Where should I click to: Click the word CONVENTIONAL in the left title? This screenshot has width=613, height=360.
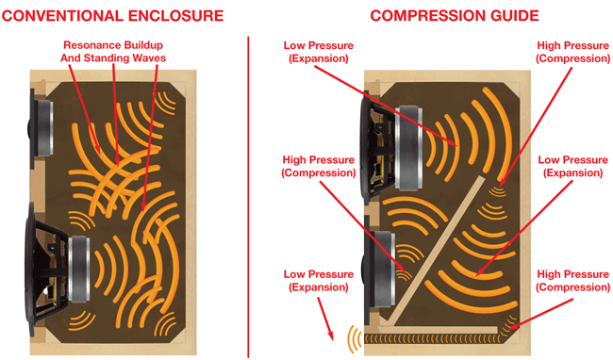pos(62,16)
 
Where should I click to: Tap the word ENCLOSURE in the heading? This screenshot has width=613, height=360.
pos(176,16)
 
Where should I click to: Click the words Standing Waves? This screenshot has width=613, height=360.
pos(124,58)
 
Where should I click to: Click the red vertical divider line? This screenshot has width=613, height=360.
pos(248,196)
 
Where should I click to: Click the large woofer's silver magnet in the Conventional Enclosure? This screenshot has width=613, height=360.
pos(79,269)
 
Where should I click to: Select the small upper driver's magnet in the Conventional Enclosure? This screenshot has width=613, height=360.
pos(45,128)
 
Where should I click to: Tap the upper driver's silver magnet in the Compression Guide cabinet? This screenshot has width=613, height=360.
pos(409,148)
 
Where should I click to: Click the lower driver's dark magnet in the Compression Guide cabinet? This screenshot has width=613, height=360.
pos(382,270)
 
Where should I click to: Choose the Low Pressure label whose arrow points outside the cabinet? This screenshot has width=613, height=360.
pos(318,281)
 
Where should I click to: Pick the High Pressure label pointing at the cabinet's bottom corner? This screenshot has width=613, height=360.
pos(572,281)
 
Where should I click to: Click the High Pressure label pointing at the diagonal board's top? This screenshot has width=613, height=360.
pos(572,52)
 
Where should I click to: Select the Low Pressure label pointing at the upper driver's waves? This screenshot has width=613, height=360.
pos(318,52)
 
